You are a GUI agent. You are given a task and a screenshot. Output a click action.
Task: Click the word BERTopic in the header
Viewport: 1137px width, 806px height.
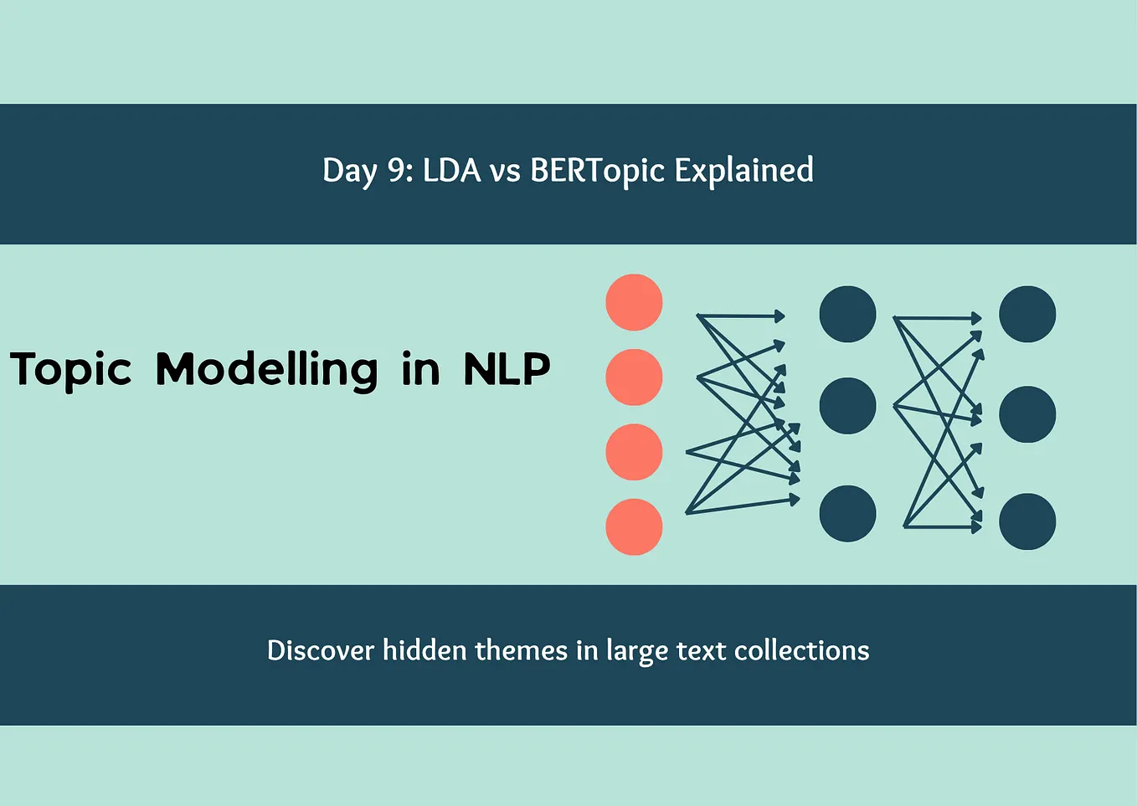point(598,171)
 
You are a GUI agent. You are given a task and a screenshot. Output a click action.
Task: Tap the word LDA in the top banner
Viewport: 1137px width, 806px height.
point(452,171)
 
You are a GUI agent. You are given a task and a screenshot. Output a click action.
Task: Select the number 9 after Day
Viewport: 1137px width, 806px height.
point(395,171)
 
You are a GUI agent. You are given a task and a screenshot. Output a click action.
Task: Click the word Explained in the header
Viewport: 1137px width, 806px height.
point(743,171)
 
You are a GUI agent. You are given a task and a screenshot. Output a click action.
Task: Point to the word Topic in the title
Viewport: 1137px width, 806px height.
point(71,369)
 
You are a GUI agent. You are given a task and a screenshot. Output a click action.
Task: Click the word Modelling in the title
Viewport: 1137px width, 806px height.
point(267,369)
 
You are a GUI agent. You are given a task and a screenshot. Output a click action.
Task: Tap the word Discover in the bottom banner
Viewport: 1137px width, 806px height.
point(321,650)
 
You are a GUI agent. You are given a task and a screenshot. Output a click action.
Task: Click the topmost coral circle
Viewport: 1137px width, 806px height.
point(634,302)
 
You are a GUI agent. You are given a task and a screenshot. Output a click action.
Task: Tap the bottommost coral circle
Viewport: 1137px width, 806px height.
point(634,526)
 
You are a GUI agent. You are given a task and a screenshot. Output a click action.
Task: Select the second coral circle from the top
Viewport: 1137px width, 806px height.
point(634,377)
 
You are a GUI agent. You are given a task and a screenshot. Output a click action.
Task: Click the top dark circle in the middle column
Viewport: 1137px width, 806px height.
point(847,314)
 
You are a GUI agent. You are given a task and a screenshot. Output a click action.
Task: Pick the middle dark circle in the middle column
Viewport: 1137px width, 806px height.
point(847,406)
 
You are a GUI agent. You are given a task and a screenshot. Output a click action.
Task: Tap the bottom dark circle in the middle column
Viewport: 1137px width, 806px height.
point(847,513)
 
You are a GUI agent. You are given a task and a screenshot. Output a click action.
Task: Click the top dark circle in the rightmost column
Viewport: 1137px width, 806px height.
point(1027,314)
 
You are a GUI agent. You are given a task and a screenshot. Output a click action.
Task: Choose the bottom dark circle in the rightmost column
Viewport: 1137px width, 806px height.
point(1027,521)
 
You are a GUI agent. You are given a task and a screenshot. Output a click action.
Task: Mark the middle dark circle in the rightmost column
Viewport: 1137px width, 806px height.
point(1027,414)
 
